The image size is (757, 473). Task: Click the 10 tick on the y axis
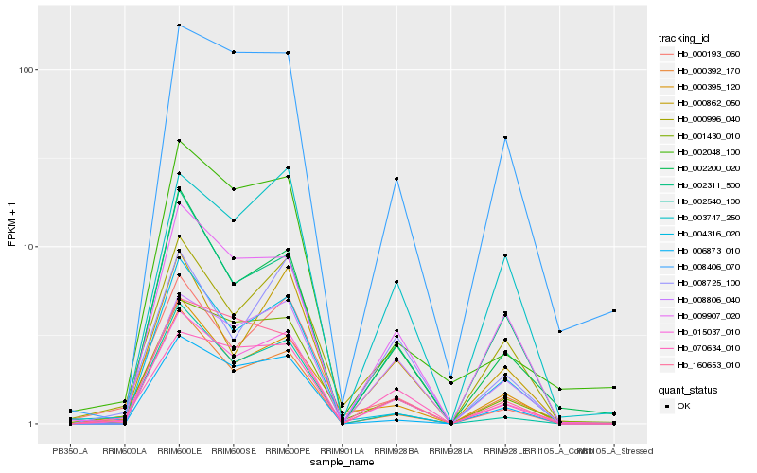29,247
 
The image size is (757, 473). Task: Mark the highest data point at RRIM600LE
179,25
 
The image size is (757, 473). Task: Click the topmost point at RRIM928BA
396,178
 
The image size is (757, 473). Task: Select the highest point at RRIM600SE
233,52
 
